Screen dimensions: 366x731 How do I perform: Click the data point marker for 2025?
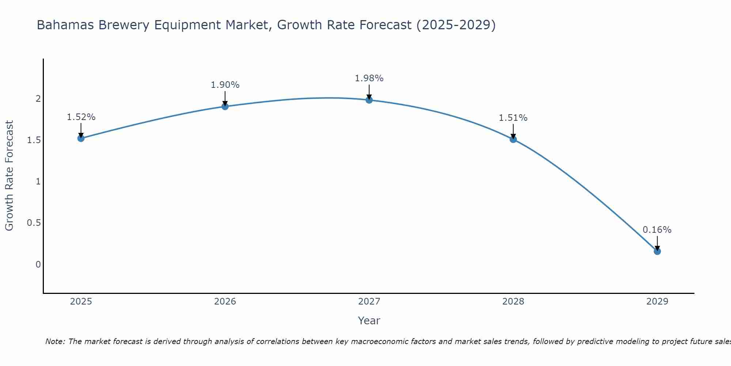click(x=81, y=138)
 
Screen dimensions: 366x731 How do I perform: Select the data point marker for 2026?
click(x=225, y=107)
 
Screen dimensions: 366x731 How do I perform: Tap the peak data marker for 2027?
click(x=369, y=100)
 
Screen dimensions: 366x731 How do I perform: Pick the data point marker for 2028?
click(x=513, y=139)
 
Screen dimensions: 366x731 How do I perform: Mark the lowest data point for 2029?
click(x=657, y=251)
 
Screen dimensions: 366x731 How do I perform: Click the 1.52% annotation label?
click(x=81, y=117)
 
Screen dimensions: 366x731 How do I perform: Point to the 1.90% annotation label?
click(x=225, y=85)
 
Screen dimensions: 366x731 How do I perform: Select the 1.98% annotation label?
click(x=369, y=78)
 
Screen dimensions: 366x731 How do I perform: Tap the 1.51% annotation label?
click(x=513, y=118)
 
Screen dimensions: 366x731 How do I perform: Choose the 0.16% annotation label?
click(x=657, y=230)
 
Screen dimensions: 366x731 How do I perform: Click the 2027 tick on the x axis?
click(x=369, y=302)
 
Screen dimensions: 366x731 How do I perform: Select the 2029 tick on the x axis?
click(x=657, y=302)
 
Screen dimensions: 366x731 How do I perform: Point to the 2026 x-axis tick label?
click(x=225, y=302)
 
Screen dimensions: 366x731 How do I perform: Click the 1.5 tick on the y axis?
click(x=34, y=140)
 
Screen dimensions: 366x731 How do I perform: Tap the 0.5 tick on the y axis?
click(x=34, y=223)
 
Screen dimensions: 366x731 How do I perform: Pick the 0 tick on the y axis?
click(x=38, y=264)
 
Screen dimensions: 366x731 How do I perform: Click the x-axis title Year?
click(x=369, y=321)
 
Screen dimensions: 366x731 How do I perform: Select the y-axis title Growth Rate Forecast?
click(x=10, y=176)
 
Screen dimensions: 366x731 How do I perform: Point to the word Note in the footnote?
click(x=54, y=341)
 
